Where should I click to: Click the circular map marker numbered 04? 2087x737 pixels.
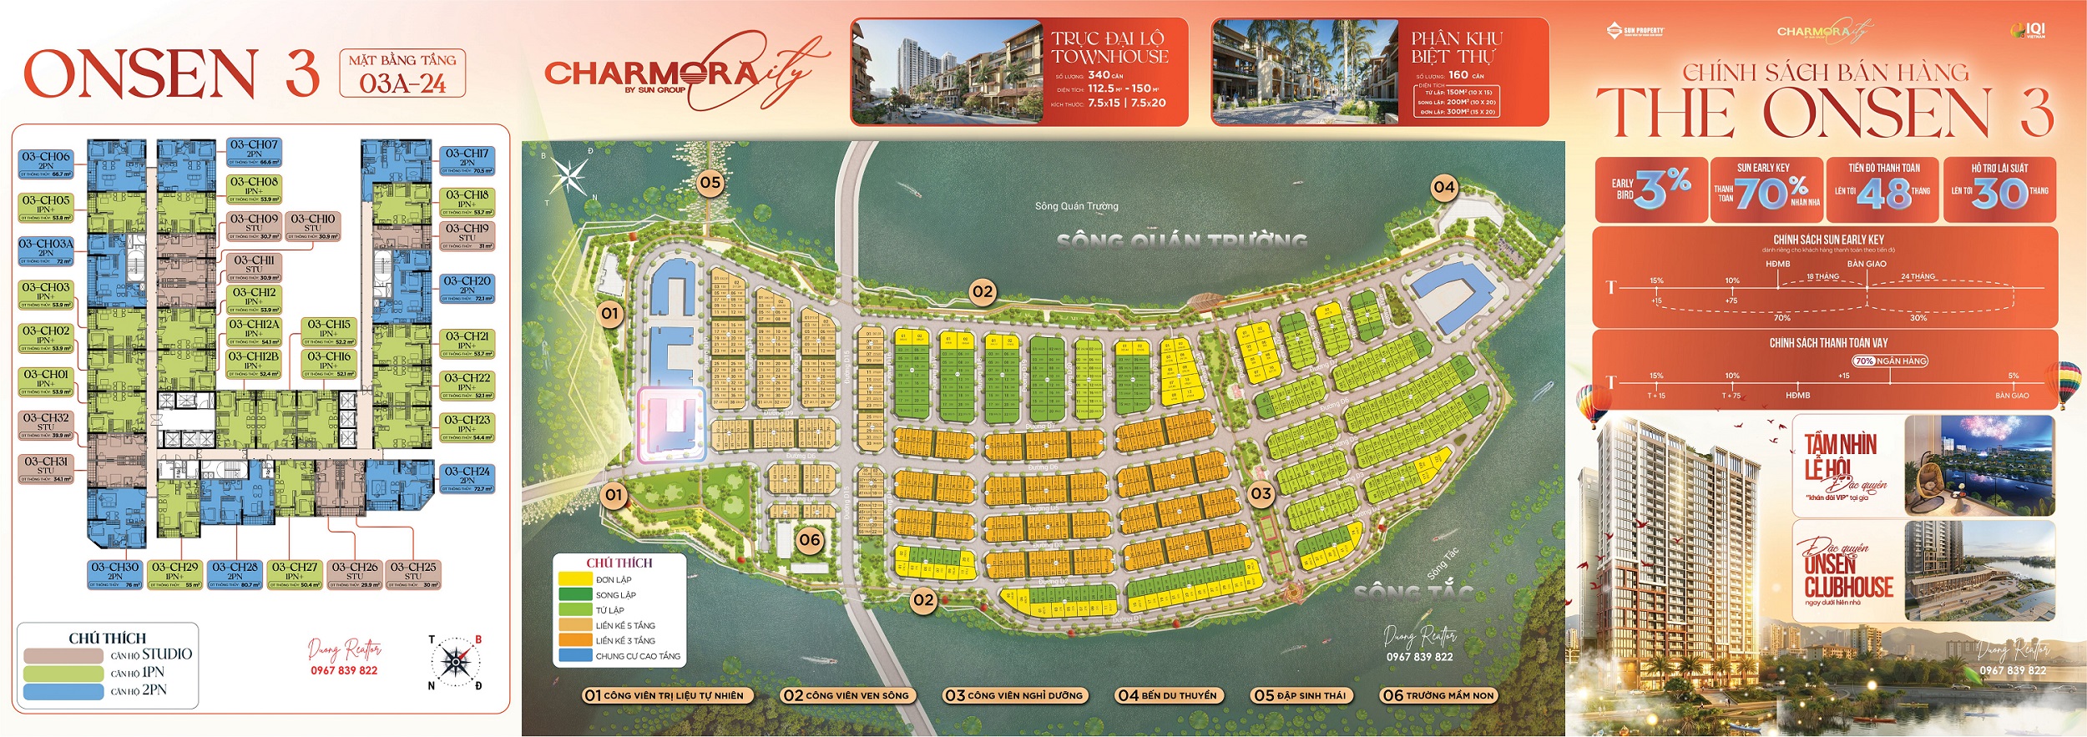pyautogui.click(x=1443, y=187)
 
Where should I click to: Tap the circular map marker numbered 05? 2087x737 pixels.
pyautogui.click(x=710, y=183)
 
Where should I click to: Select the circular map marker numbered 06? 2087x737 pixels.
pyautogui.click(x=810, y=540)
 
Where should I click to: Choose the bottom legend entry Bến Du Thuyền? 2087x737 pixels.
pyautogui.click(x=1167, y=695)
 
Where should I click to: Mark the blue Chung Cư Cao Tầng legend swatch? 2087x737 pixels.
pyautogui.click(x=574, y=656)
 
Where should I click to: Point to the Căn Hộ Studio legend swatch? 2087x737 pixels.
pyautogui.click(x=63, y=655)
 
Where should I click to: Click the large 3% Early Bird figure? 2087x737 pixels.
pyautogui.click(x=1662, y=189)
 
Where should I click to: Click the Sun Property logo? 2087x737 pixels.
pyautogui.click(x=1635, y=32)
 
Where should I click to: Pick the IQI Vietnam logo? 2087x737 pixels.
pyautogui.click(x=2029, y=31)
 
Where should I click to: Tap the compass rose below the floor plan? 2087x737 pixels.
pyautogui.click(x=455, y=663)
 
